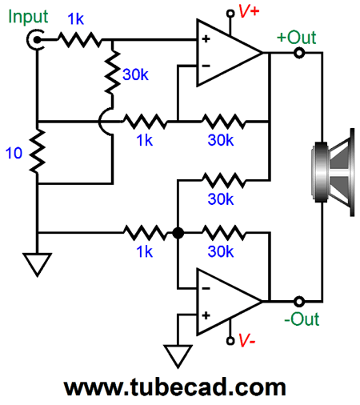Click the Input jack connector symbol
coord(35,40)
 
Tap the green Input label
coord(28,17)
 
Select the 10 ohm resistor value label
coord(14,153)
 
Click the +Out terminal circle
coord(299,53)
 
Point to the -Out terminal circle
coord(299,302)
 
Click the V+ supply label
coord(249,11)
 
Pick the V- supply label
coord(246,340)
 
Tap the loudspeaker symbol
coord(333,172)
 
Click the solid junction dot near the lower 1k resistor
coord(178,233)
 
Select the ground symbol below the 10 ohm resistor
coord(38,264)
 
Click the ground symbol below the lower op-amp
coord(178,356)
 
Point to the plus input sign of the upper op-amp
coord(206,39)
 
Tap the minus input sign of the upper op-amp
coord(206,66)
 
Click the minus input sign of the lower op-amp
coord(206,288)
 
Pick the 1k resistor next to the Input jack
coord(80,40)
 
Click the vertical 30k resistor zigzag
coord(113,72)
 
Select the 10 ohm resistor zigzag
coord(38,151)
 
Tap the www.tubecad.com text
coord(175,387)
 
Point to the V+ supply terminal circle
coord(230,14)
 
